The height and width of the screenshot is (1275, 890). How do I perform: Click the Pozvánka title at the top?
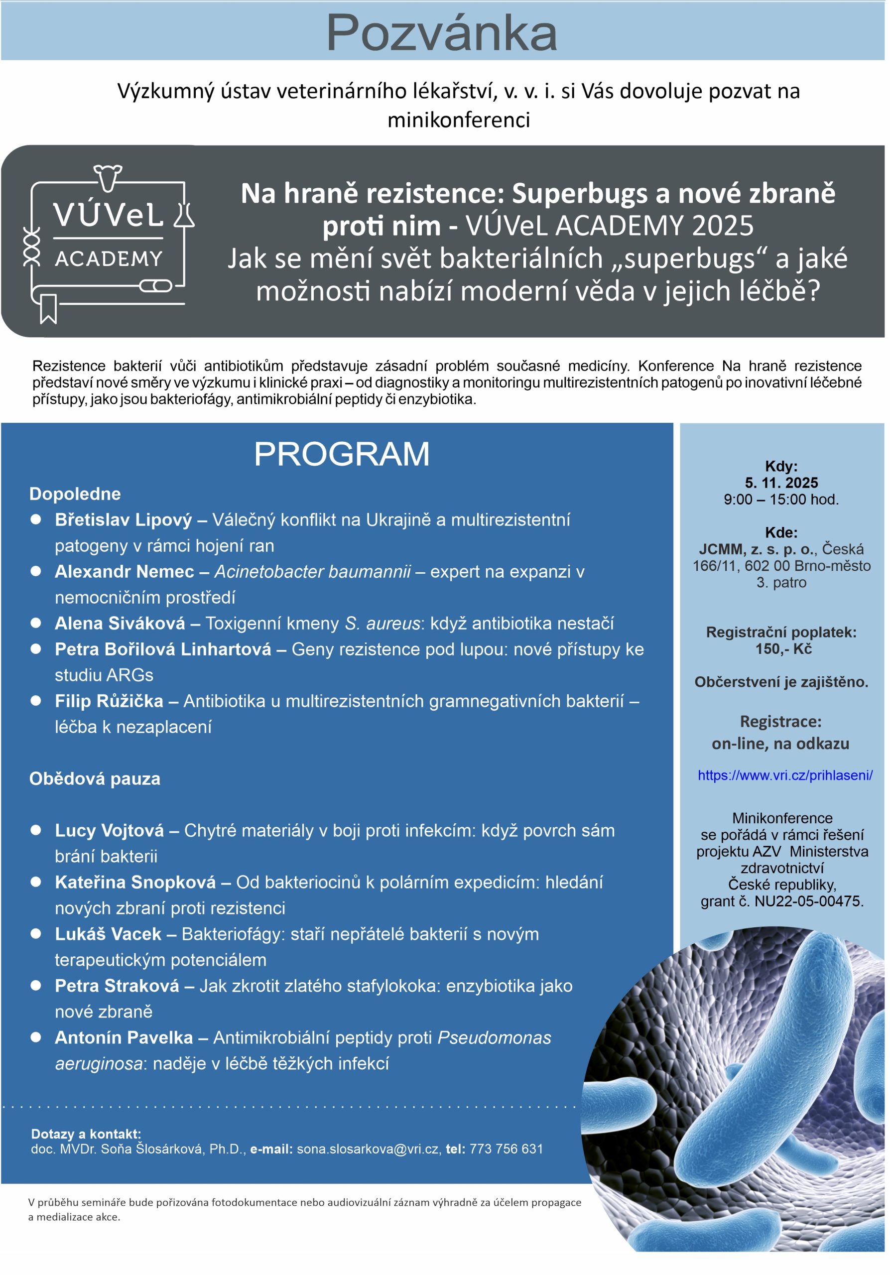441,33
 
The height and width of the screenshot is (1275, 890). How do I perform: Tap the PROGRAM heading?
342,454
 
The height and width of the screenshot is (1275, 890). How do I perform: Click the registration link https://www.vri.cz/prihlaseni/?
784,775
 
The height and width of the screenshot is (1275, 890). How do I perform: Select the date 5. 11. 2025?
781,483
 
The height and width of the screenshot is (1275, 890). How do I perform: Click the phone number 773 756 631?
506,1149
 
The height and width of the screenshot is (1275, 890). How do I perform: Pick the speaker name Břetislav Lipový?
123,520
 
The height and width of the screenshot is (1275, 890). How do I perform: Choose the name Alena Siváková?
120,623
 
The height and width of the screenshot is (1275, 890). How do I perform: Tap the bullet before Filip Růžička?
36,701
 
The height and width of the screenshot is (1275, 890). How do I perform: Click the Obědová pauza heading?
95,778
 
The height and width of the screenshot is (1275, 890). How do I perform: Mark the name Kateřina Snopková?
135,882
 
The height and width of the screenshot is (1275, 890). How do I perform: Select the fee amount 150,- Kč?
783,648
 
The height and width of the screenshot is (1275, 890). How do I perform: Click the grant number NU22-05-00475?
808,901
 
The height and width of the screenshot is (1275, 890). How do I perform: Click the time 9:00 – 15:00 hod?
781,499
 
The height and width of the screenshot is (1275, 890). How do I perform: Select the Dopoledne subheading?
75,494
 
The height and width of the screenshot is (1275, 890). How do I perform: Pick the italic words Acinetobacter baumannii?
313,571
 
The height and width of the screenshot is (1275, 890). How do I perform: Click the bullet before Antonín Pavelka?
36,1037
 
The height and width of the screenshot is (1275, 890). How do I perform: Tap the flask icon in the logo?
185,215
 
